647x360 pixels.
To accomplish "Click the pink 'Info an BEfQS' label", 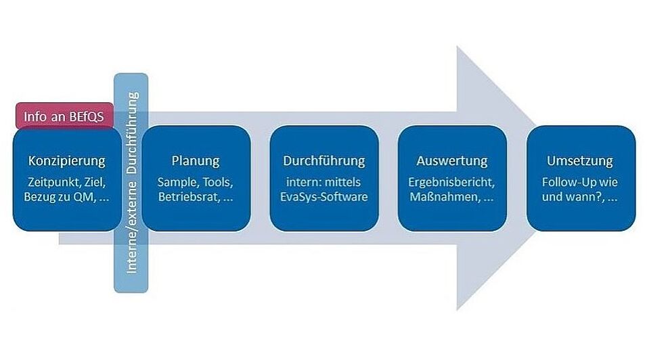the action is tap(64, 116).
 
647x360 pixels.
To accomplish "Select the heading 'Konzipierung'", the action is tap(67, 161).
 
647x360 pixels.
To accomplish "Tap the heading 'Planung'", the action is tap(196, 161).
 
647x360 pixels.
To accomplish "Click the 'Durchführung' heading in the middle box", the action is tap(324, 161).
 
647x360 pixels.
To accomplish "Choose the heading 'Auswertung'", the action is tap(452, 161).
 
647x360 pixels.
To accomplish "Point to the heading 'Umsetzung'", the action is tap(580, 161).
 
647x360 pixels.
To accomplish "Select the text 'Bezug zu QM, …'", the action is tap(67, 197).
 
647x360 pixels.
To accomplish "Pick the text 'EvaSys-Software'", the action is tap(324, 197).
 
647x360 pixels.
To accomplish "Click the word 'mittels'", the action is tap(343, 182).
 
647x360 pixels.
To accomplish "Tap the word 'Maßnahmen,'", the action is tap(445, 197).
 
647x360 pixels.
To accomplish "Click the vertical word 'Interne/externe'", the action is tap(131, 227).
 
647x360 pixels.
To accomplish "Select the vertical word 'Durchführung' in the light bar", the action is tap(132, 133).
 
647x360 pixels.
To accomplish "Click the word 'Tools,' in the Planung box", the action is tap(219, 182).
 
